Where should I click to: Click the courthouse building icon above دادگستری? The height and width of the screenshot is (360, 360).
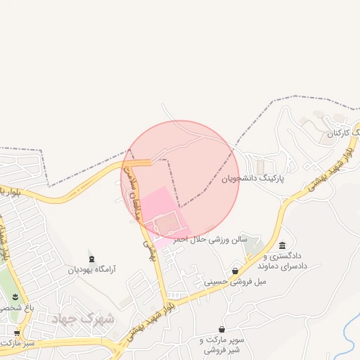(x=282, y=245)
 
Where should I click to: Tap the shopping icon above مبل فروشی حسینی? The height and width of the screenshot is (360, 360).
(x=235, y=271)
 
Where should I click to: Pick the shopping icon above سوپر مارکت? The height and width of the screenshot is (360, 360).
(x=221, y=329)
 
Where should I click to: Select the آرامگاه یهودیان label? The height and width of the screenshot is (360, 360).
(x=91, y=269)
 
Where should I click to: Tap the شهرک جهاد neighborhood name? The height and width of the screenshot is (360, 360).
(x=83, y=318)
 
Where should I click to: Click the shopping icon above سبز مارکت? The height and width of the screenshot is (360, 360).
(x=17, y=333)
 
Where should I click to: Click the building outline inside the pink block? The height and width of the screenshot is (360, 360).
(x=168, y=225)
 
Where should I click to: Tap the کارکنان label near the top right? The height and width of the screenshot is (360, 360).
(x=342, y=133)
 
